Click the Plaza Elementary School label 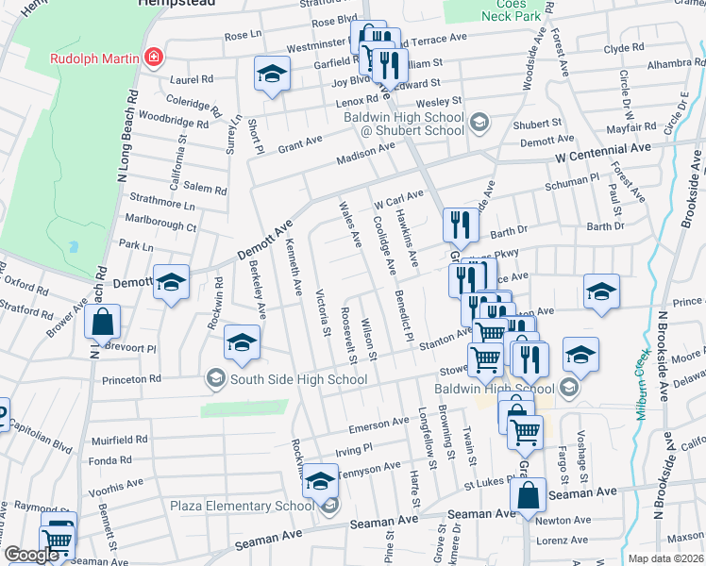click(243, 506)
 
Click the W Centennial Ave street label click(603, 150)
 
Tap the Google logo click(31, 555)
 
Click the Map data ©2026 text click(665, 558)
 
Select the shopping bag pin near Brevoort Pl click(103, 322)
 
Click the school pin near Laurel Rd click(271, 75)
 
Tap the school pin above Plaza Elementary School click(320, 481)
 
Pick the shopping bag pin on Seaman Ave click(530, 494)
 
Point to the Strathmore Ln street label click(161, 205)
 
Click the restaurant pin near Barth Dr click(460, 225)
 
